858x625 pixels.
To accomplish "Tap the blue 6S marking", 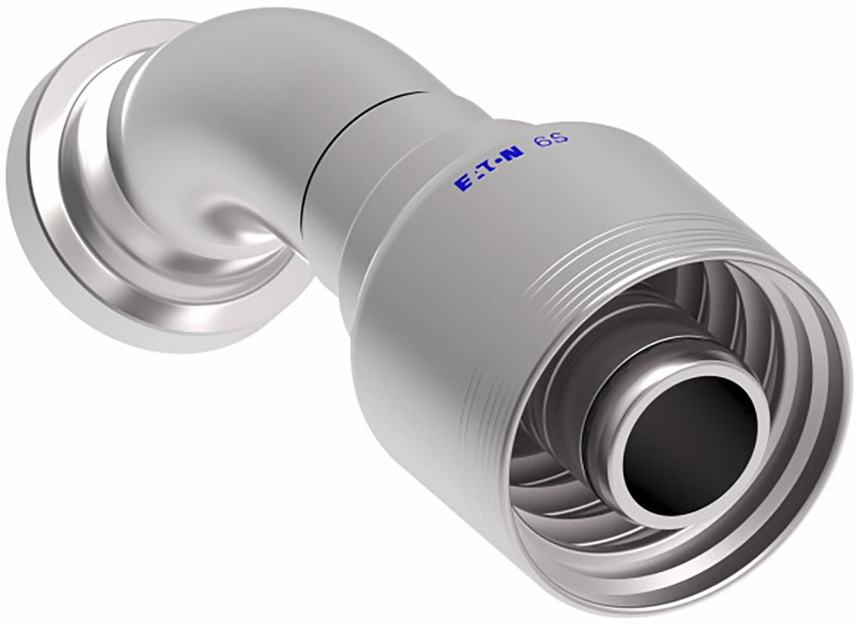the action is coord(552,142).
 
